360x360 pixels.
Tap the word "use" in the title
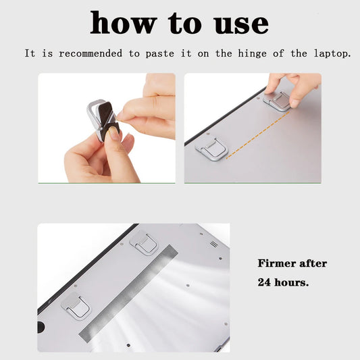tap(238, 24)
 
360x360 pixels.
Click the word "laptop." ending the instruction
tap(330, 53)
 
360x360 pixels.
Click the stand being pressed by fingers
tap(278, 100)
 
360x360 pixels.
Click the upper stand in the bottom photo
tap(145, 243)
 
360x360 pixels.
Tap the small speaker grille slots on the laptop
tap(213, 244)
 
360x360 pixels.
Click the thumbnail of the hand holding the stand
tap(106, 128)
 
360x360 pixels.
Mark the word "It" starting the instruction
tap(30, 53)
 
